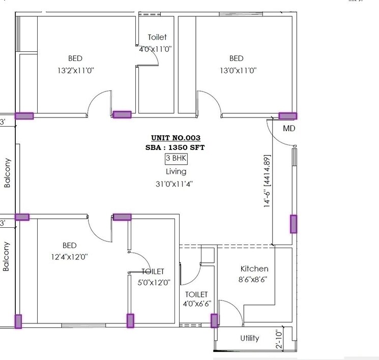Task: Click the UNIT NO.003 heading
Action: pyautogui.click(x=176, y=138)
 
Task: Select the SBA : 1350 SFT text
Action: pyautogui.click(x=176, y=147)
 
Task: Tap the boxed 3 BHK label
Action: pyautogui.click(x=176, y=159)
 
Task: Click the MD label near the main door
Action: pyautogui.click(x=289, y=129)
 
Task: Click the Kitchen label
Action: pyautogui.click(x=254, y=268)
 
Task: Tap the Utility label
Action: pyautogui.click(x=249, y=338)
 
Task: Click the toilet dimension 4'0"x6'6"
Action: pyautogui.click(x=196, y=305)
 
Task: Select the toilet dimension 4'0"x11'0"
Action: pyautogui.click(x=156, y=49)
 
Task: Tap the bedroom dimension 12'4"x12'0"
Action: pyautogui.click(x=70, y=257)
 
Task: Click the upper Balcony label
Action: pyautogui.click(x=7, y=173)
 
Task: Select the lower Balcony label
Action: pyautogui.click(x=7, y=256)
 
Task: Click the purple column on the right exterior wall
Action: pyautogui.click(x=294, y=224)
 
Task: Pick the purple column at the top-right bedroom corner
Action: pyautogui.click(x=288, y=116)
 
